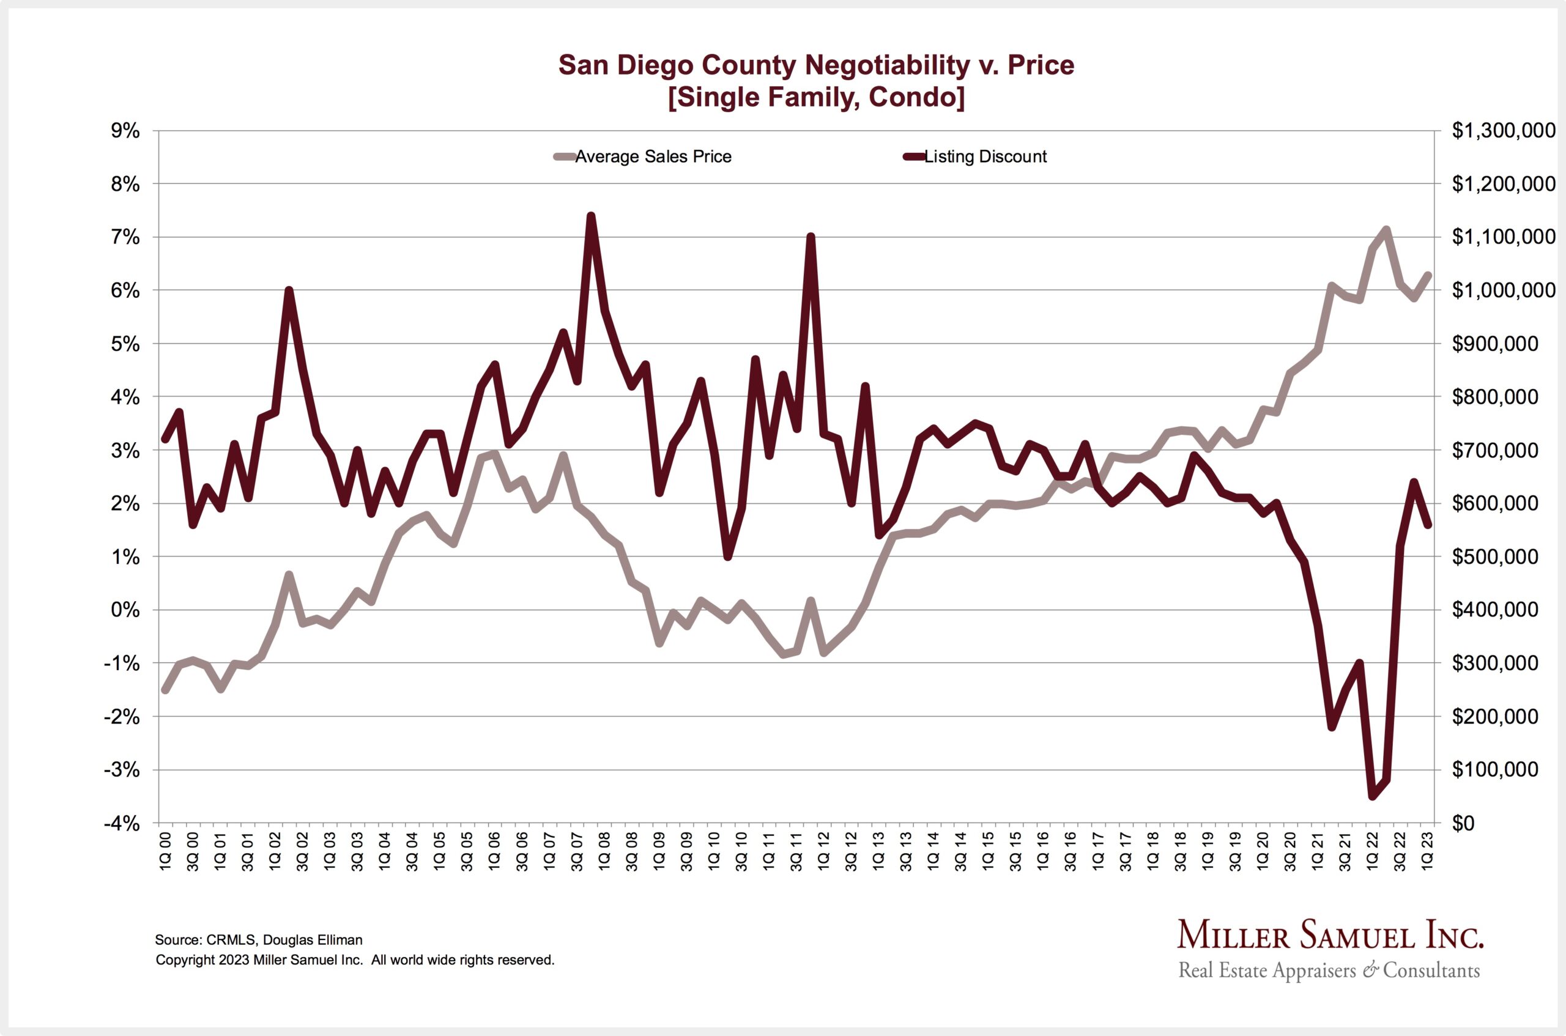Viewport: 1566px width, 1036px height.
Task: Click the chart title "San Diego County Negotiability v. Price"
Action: (x=816, y=65)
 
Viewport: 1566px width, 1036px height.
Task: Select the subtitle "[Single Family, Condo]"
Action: (x=816, y=97)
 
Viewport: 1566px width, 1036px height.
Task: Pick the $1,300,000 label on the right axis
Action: (x=1503, y=131)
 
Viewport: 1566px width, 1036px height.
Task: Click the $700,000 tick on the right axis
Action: (x=1494, y=451)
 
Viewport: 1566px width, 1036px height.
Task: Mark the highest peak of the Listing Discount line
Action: (x=592, y=215)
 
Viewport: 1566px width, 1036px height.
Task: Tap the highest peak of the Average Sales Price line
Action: (x=1386, y=230)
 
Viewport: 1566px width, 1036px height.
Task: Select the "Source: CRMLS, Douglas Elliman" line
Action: (x=258, y=939)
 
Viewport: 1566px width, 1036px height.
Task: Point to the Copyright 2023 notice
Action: (x=355, y=960)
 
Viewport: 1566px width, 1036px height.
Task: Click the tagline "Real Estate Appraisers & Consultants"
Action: (x=1329, y=971)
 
